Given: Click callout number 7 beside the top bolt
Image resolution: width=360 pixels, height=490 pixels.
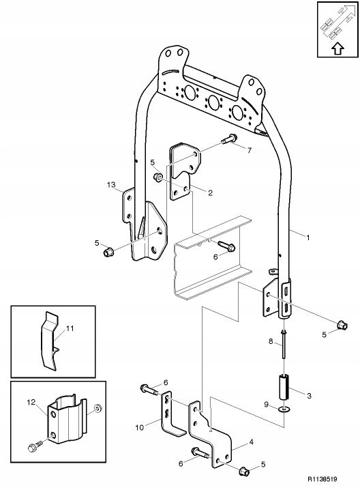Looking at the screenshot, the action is pyautogui.click(x=249, y=150).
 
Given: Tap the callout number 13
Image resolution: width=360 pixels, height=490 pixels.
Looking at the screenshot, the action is pyautogui.click(x=111, y=185).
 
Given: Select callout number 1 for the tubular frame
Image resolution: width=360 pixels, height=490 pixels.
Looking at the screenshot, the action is pyautogui.click(x=308, y=237).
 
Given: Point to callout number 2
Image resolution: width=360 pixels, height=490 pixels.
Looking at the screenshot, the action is pyautogui.click(x=210, y=193).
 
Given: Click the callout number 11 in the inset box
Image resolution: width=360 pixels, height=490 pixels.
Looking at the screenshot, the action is pyautogui.click(x=70, y=328).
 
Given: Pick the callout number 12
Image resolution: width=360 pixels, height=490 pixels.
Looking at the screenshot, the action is pyautogui.click(x=31, y=402).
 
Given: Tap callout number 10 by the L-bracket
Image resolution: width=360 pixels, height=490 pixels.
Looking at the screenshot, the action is pyautogui.click(x=140, y=427).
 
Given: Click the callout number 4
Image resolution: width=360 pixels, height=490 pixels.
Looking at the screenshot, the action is pyautogui.click(x=251, y=442).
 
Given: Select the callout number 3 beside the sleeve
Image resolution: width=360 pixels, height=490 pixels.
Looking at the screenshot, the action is pyautogui.click(x=309, y=396).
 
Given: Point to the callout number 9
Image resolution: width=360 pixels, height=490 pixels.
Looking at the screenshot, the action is pyautogui.click(x=267, y=405).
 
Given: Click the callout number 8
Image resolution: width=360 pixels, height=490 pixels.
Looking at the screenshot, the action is pyautogui.click(x=271, y=341).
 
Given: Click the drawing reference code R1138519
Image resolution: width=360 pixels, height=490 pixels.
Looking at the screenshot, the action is pyautogui.click(x=322, y=479).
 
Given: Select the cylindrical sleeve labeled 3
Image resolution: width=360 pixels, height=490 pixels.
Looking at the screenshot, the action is pyautogui.click(x=284, y=388).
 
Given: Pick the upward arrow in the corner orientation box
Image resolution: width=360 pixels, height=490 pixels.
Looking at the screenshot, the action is pyautogui.click(x=337, y=48).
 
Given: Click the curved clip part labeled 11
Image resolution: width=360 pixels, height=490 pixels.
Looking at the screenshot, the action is pyautogui.click(x=50, y=341).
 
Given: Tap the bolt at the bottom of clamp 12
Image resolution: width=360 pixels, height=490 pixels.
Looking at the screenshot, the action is pyautogui.click(x=35, y=447).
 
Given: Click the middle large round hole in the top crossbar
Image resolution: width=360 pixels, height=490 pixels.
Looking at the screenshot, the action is pyautogui.click(x=213, y=102).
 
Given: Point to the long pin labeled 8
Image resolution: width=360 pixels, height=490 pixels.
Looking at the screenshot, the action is pyautogui.click(x=284, y=344).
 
